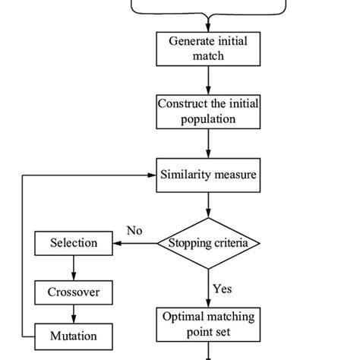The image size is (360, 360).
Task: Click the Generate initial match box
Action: pos(207,49)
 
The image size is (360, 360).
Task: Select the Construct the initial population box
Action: pos(207,111)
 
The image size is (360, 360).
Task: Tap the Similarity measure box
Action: pos(207,175)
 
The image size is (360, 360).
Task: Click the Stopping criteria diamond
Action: pos(208,243)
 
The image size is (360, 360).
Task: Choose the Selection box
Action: pos(74,243)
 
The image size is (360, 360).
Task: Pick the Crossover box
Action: pos(74,292)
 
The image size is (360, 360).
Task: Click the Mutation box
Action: pos(74,334)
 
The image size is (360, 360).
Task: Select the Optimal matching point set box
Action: pos(207,324)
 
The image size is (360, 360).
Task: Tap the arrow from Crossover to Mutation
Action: pos(74,313)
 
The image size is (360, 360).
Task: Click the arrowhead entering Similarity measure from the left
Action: pos(151,175)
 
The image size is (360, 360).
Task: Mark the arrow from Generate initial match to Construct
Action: pos(207,80)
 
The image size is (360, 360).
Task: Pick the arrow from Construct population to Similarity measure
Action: pos(207,143)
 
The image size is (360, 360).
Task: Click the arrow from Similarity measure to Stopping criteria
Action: pos(207,205)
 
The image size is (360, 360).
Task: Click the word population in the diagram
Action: pos(207,118)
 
